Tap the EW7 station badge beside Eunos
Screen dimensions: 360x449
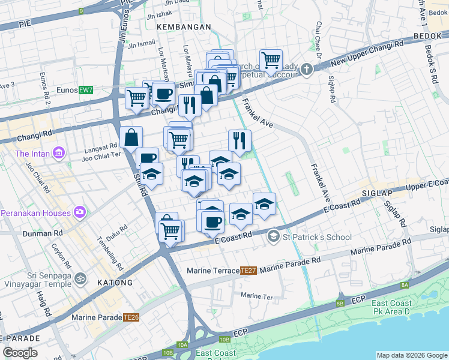86,90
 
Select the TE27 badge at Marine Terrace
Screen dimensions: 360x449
249,271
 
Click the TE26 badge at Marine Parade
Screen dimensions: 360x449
131,317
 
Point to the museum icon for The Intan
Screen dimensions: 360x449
58,154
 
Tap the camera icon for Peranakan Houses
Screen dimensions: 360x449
80,212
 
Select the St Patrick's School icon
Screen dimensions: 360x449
274,237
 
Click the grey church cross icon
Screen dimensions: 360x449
307,69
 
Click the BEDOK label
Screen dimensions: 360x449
427,37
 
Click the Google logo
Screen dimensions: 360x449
20,352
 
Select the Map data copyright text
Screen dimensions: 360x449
411,355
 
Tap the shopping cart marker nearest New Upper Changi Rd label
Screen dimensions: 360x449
271,60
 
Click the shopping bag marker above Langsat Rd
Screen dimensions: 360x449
131,138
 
